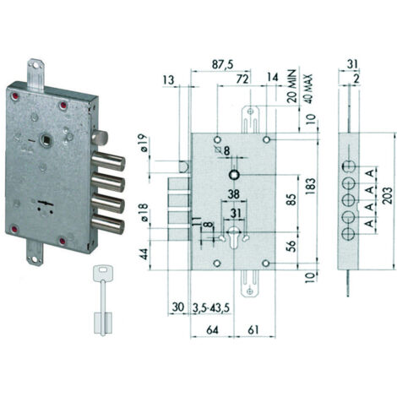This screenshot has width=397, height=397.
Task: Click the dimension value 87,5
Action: (x=223, y=64)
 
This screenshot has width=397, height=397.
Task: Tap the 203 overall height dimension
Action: (x=388, y=195)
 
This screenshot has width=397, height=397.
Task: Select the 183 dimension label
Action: (x=310, y=186)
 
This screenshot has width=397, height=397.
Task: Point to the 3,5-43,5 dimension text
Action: (x=211, y=307)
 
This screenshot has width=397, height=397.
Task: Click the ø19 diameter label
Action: (x=143, y=143)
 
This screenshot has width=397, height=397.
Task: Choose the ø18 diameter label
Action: (x=143, y=213)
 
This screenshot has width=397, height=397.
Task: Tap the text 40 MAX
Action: (x=308, y=89)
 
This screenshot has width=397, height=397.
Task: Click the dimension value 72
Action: (x=242, y=79)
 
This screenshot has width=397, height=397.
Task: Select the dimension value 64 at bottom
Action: (x=212, y=329)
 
